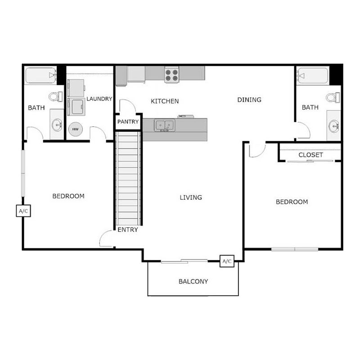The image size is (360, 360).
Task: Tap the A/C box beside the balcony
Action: pos(226,261)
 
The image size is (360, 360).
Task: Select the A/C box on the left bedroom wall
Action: pos(23,211)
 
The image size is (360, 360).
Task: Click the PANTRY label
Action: pos(128,122)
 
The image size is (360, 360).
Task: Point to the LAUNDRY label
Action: pos(99,99)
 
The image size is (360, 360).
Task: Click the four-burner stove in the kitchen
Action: pos(171,75)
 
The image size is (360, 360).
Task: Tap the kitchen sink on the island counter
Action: pos(164,125)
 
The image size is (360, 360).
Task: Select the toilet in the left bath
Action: pos(55,96)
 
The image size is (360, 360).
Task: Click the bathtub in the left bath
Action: pos(40,76)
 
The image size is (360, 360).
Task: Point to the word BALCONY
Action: pos(193,282)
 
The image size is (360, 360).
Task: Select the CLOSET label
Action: pos(310,155)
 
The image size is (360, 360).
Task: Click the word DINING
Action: pos(249,100)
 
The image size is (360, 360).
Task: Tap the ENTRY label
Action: pos(128,229)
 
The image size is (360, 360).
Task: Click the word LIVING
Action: pos(191,197)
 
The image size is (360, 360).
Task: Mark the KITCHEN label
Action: pos(165,101)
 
